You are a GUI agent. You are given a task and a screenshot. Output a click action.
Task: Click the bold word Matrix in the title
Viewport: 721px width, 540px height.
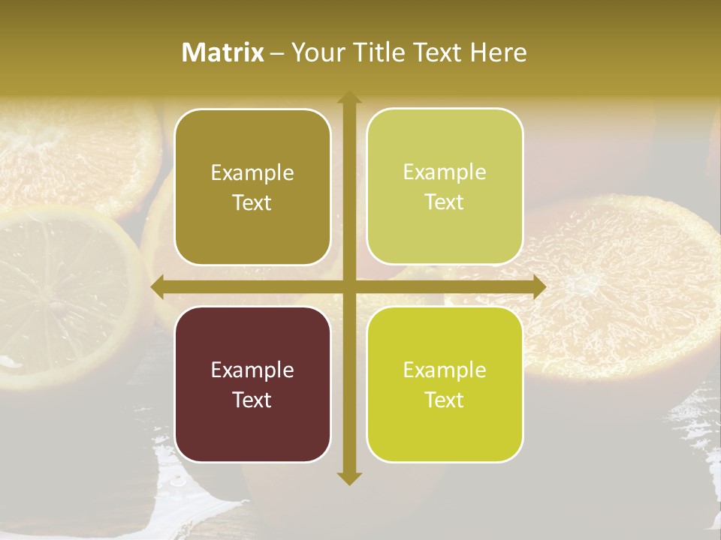point(223,52)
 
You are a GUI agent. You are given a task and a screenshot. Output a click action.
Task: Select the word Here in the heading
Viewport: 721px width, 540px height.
point(498,52)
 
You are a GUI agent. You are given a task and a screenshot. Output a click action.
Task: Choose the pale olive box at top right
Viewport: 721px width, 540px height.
point(445,232)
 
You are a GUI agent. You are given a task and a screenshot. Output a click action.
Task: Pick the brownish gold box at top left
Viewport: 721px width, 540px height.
point(252,232)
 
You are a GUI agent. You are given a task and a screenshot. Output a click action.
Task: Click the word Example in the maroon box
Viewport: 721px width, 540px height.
point(252,370)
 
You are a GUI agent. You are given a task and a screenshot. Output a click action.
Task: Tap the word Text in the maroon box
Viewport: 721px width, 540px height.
point(252,400)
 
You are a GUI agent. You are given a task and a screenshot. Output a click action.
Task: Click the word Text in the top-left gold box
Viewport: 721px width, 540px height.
point(252,202)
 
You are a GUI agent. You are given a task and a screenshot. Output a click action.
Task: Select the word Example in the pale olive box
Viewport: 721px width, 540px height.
point(445,172)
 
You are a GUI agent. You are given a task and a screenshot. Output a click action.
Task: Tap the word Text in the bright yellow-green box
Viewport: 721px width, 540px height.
point(445,400)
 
